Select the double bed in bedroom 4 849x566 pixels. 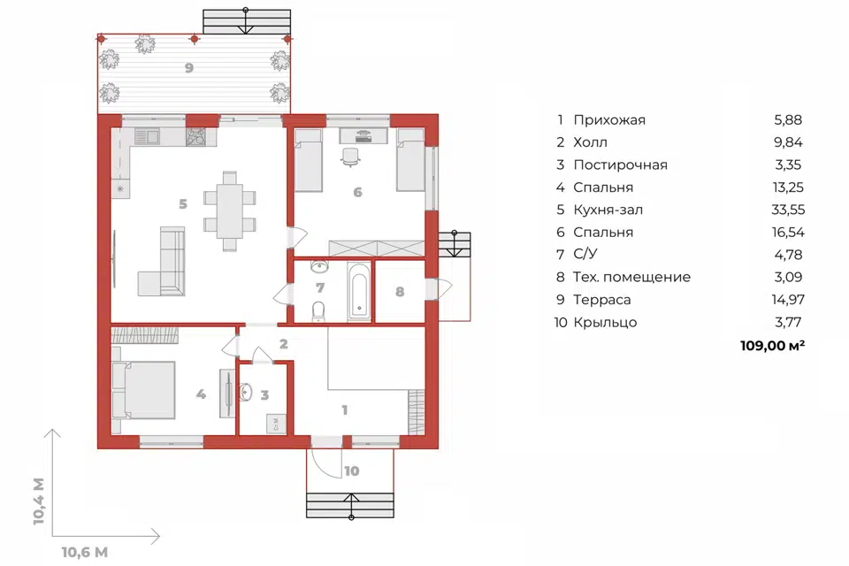143,390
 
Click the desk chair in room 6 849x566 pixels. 351,157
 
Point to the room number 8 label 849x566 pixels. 400,292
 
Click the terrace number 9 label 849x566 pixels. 189,68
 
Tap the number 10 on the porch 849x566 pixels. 351,471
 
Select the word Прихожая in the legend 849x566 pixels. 609,120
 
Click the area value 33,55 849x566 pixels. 788,210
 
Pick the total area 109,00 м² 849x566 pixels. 772,346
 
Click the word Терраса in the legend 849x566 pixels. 601,300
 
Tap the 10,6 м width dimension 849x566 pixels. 85,553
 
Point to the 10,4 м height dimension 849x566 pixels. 38,501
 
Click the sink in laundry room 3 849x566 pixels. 245,392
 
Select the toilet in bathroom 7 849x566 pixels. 319,311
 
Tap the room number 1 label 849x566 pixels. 344,410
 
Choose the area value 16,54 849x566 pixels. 788,233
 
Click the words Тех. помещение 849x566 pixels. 631,278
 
